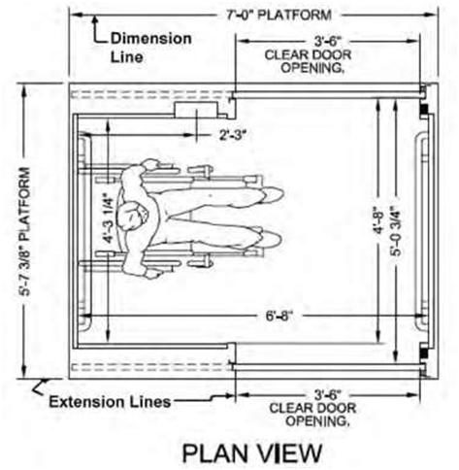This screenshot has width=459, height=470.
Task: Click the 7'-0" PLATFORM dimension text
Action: pyautogui.click(x=279, y=15)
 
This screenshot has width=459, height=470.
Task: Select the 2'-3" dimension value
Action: pyautogui.click(x=233, y=135)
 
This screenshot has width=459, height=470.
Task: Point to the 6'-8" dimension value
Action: pyautogui.click(x=279, y=316)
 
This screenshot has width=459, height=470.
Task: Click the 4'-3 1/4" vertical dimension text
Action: pyautogui.click(x=109, y=218)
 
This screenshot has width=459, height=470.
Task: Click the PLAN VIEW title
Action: pyautogui.click(x=252, y=453)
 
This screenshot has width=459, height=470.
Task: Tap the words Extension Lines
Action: pyautogui.click(x=110, y=402)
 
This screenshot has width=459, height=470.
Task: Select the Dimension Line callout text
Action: pyautogui.click(x=151, y=48)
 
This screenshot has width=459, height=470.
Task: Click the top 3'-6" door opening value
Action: pyautogui.click(x=328, y=42)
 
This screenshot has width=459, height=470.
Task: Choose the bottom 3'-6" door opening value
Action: pyautogui.click(x=328, y=395)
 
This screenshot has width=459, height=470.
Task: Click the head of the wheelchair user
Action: pyautogui.click(x=133, y=216)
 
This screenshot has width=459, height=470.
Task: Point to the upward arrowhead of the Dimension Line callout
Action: pyautogui.click(x=95, y=20)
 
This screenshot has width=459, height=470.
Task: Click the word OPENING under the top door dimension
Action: pyautogui.click(x=312, y=68)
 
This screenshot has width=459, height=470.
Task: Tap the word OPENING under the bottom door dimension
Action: pyautogui.click(x=317, y=421)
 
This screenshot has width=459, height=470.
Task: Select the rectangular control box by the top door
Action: pyautogui.click(x=196, y=110)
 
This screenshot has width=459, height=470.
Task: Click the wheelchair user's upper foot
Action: pyautogui.click(x=274, y=195)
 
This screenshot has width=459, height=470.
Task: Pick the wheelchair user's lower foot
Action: pyautogui.click(x=271, y=238)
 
